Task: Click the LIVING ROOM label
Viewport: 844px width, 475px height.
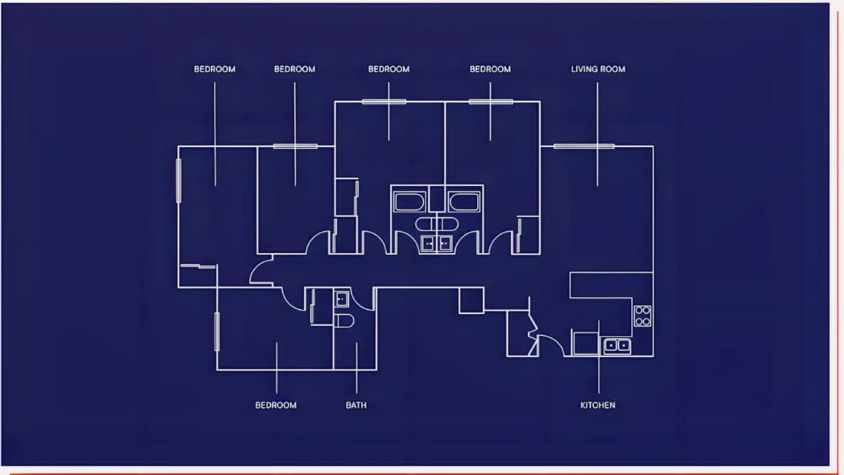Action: [598, 70]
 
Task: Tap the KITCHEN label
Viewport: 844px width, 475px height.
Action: [598, 405]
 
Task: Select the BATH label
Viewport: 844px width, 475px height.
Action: [356, 405]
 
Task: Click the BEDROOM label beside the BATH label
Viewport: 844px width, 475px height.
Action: [276, 405]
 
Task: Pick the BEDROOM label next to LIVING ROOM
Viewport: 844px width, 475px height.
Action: [490, 70]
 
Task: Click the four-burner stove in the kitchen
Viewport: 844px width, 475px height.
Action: [642, 315]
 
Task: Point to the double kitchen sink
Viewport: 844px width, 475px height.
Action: [617, 346]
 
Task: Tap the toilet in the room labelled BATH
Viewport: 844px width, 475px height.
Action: [345, 321]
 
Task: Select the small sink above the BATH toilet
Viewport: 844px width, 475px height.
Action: [342, 299]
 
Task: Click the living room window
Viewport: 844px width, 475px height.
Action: [584, 146]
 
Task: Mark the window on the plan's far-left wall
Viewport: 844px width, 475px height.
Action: [179, 181]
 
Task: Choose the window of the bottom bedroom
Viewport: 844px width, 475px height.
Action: [217, 332]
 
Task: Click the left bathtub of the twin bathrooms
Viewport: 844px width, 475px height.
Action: [409, 202]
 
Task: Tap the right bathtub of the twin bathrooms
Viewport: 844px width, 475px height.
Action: [464, 202]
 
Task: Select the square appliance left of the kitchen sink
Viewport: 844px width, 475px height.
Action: [586, 344]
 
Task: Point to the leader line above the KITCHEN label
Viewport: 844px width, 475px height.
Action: [599, 357]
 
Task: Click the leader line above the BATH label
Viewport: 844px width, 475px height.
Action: [357, 367]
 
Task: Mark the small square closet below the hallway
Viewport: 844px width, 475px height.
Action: [471, 300]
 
